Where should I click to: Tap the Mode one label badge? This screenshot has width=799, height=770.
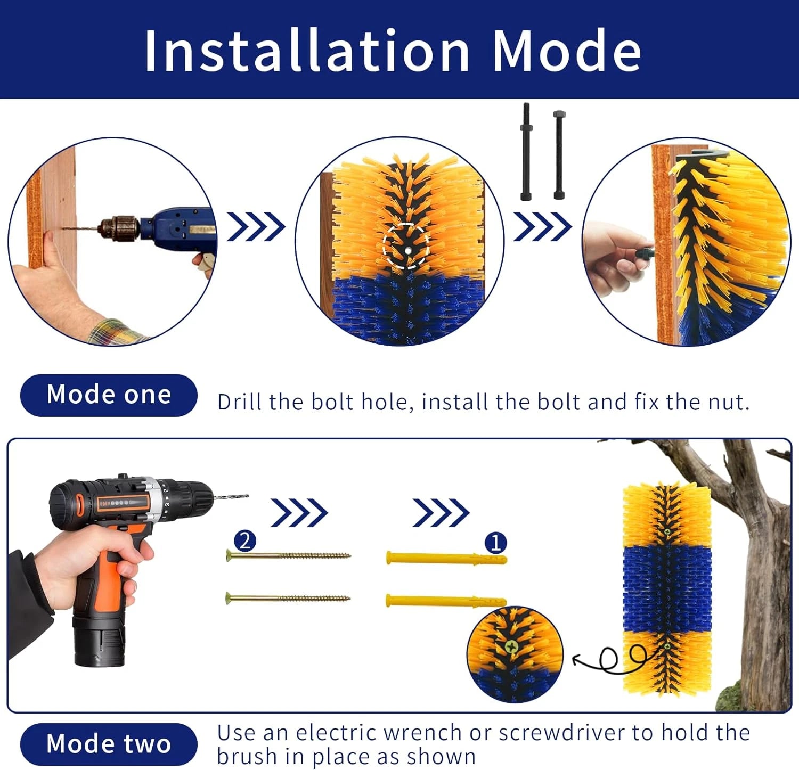click(109, 395)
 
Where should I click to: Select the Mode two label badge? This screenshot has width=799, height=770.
click(109, 743)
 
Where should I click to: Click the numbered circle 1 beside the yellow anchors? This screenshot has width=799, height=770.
click(495, 543)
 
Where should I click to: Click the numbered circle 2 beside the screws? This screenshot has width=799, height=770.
click(244, 541)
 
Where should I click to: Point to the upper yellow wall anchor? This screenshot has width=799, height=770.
click(445, 559)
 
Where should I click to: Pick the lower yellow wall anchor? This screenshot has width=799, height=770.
click(445, 601)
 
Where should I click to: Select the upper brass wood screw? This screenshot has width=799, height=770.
click(288, 556)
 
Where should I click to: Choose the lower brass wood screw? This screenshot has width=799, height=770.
click(288, 598)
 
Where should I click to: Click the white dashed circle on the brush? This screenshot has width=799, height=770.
click(406, 247)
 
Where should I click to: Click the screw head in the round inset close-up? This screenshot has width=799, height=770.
click(511, 648)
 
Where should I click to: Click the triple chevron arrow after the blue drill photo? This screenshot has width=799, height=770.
click(256, 227)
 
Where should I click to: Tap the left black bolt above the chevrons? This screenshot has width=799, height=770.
click(526, 152)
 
